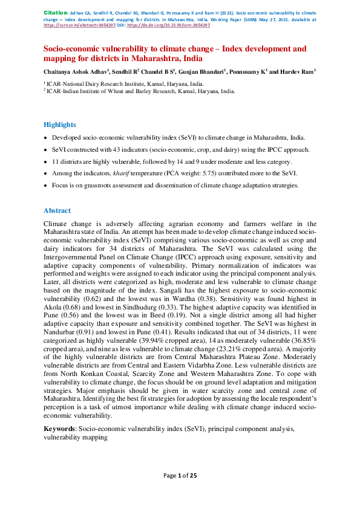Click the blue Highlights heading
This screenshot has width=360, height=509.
[x=59, y=125]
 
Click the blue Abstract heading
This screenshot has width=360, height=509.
[x=57, y=210]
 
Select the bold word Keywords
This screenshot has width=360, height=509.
[x=59, y=429]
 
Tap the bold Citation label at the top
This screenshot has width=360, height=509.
[x=54, y=12]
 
